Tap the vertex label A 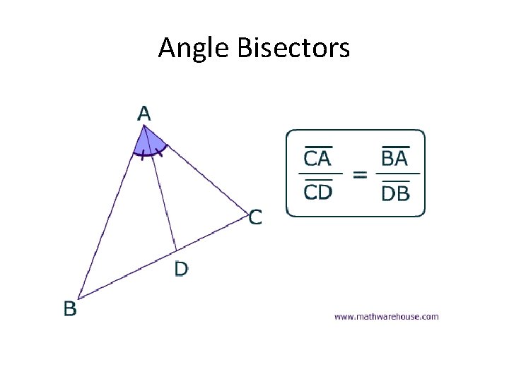(144, 113)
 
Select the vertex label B (70, 308)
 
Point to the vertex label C (255, 217)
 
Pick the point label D (182, 269)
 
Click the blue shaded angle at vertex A (150, 143)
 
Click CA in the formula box (317, 158)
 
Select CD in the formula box (317, 191)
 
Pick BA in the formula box (394, 158)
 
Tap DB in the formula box (395, 192)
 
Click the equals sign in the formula (359, 174)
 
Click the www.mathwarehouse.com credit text (386, 317)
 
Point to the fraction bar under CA (320, 173)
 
